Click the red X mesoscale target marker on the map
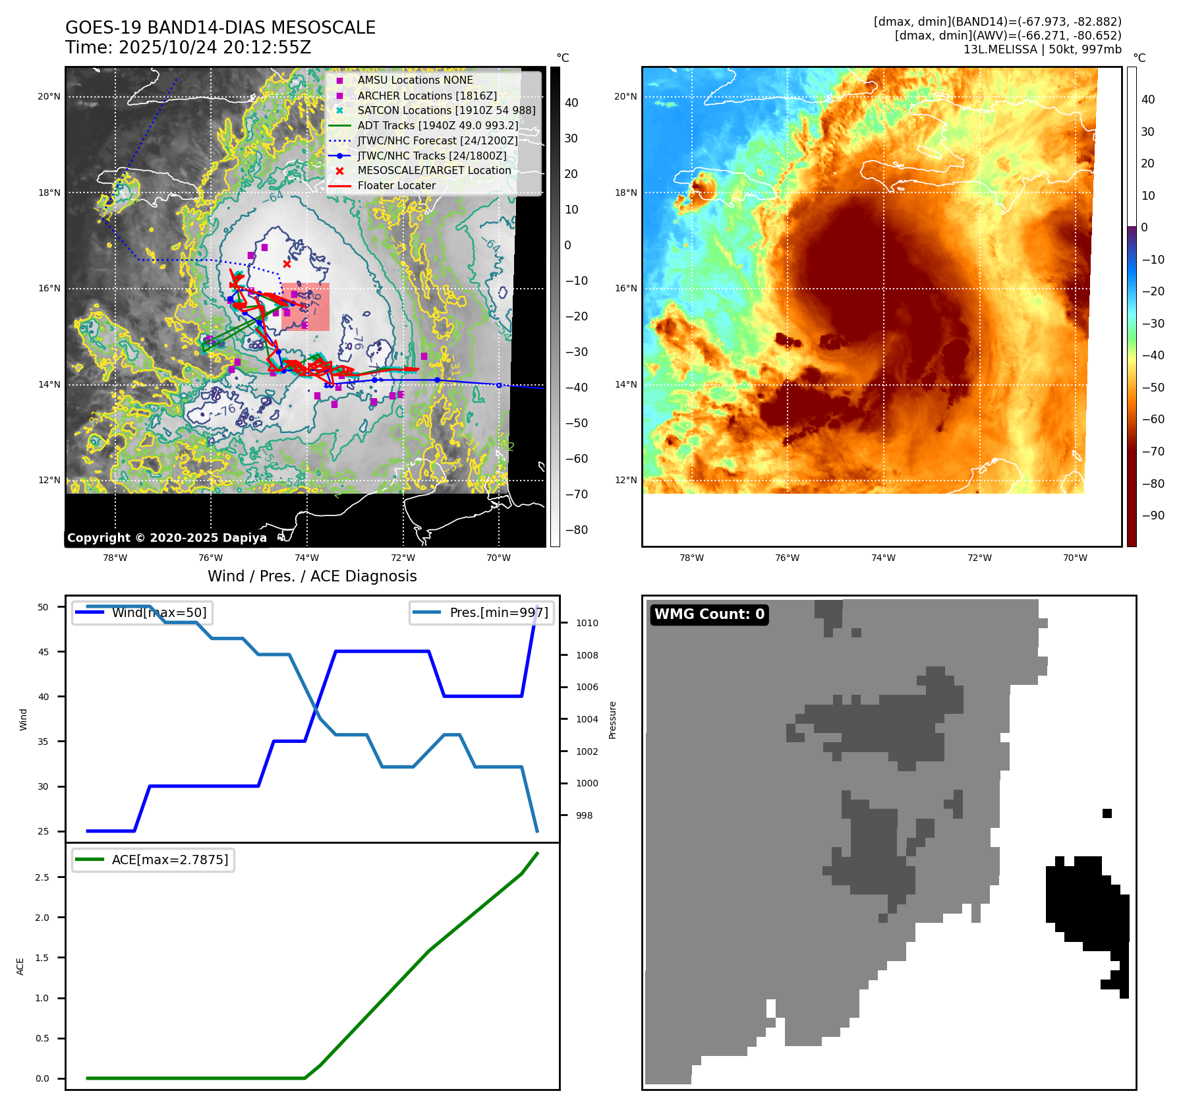coord(287,264)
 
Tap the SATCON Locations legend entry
coord(446,111)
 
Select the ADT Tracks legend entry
coord(438,126)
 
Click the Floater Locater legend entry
coord(396,186)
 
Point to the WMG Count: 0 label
coord(709,614)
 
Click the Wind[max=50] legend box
coord(143,612)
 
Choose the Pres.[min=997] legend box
coord(481,612)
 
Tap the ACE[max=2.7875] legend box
coord(154,860)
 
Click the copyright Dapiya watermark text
coord(167,538)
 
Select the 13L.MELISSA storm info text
coord(1042,49)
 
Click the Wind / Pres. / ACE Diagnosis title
coord(312,576)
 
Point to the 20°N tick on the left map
coord(49,97)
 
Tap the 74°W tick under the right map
coord(883,558)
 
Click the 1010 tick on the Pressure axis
coord(587,623)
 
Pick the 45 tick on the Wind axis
coord(43,652)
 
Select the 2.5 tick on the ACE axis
coord(42,877)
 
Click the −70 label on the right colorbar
coord(1152,452)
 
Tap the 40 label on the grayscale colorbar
coord(571,103)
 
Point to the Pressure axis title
coord(612,720)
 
